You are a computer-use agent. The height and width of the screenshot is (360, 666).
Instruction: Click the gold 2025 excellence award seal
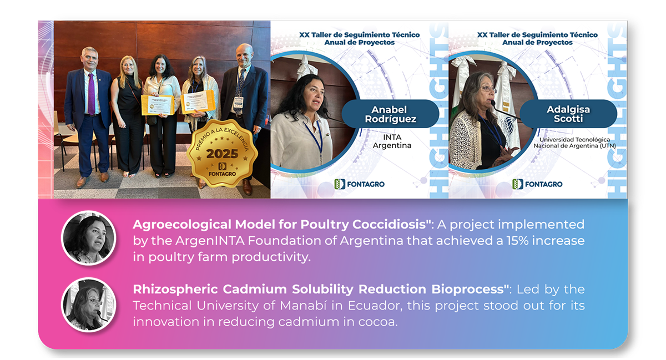pyautogui.click(x=222, y=154)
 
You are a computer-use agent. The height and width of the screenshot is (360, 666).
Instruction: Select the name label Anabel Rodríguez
pyautogui.click(x=390, y=114)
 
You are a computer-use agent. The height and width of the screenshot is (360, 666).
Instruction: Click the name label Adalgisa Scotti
pyautogui.click(x=568, y=114)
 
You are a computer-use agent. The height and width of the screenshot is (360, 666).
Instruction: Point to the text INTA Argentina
pyautogui.click(x=392, y=141)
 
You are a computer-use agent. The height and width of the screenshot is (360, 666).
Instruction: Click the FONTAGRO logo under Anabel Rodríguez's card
pyautogui.click(x=360, y=184)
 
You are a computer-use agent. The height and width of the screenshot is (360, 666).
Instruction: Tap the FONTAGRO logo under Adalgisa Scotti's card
pyautogui.click(x=537, y=184)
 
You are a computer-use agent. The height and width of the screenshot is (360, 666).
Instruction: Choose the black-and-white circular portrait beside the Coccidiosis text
pyautogui.click(x=89, y=238)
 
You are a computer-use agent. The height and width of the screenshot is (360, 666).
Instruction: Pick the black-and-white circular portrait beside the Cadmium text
pyautogui.click(x=89, y=305)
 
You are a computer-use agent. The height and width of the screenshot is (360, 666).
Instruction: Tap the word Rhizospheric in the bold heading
pyautogui.click(x=175, y=289)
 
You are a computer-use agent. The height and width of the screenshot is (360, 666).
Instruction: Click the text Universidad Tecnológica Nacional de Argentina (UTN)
pyautogui.click(x=574, y=143)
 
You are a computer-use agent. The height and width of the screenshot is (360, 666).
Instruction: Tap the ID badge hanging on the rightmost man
pyautogui.click(x=239, y=102)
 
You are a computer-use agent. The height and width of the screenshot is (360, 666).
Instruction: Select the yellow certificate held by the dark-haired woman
pyautogui.click(x=158, y=105)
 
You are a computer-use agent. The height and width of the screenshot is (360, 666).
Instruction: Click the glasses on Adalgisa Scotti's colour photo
pyautogui.click(x=488, y=89)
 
